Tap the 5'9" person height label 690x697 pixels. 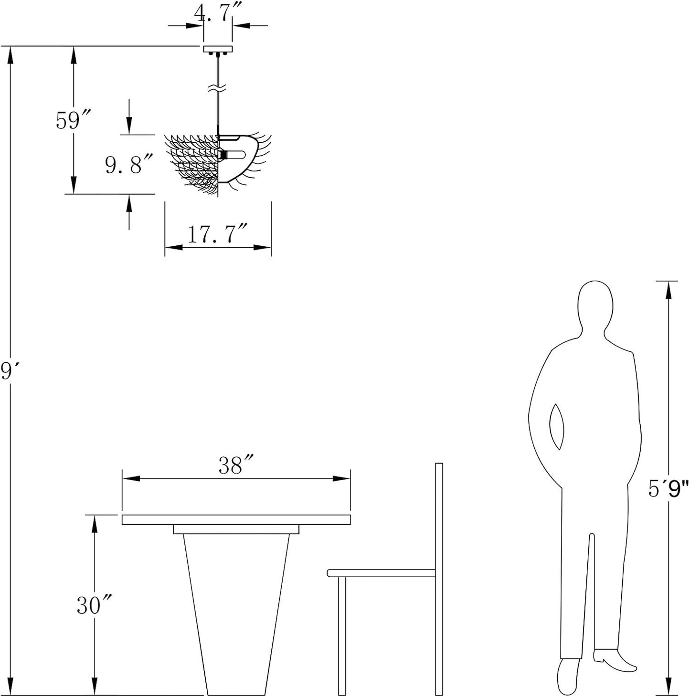tap(668, 489)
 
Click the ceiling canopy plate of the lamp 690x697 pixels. tap(217, 49)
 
